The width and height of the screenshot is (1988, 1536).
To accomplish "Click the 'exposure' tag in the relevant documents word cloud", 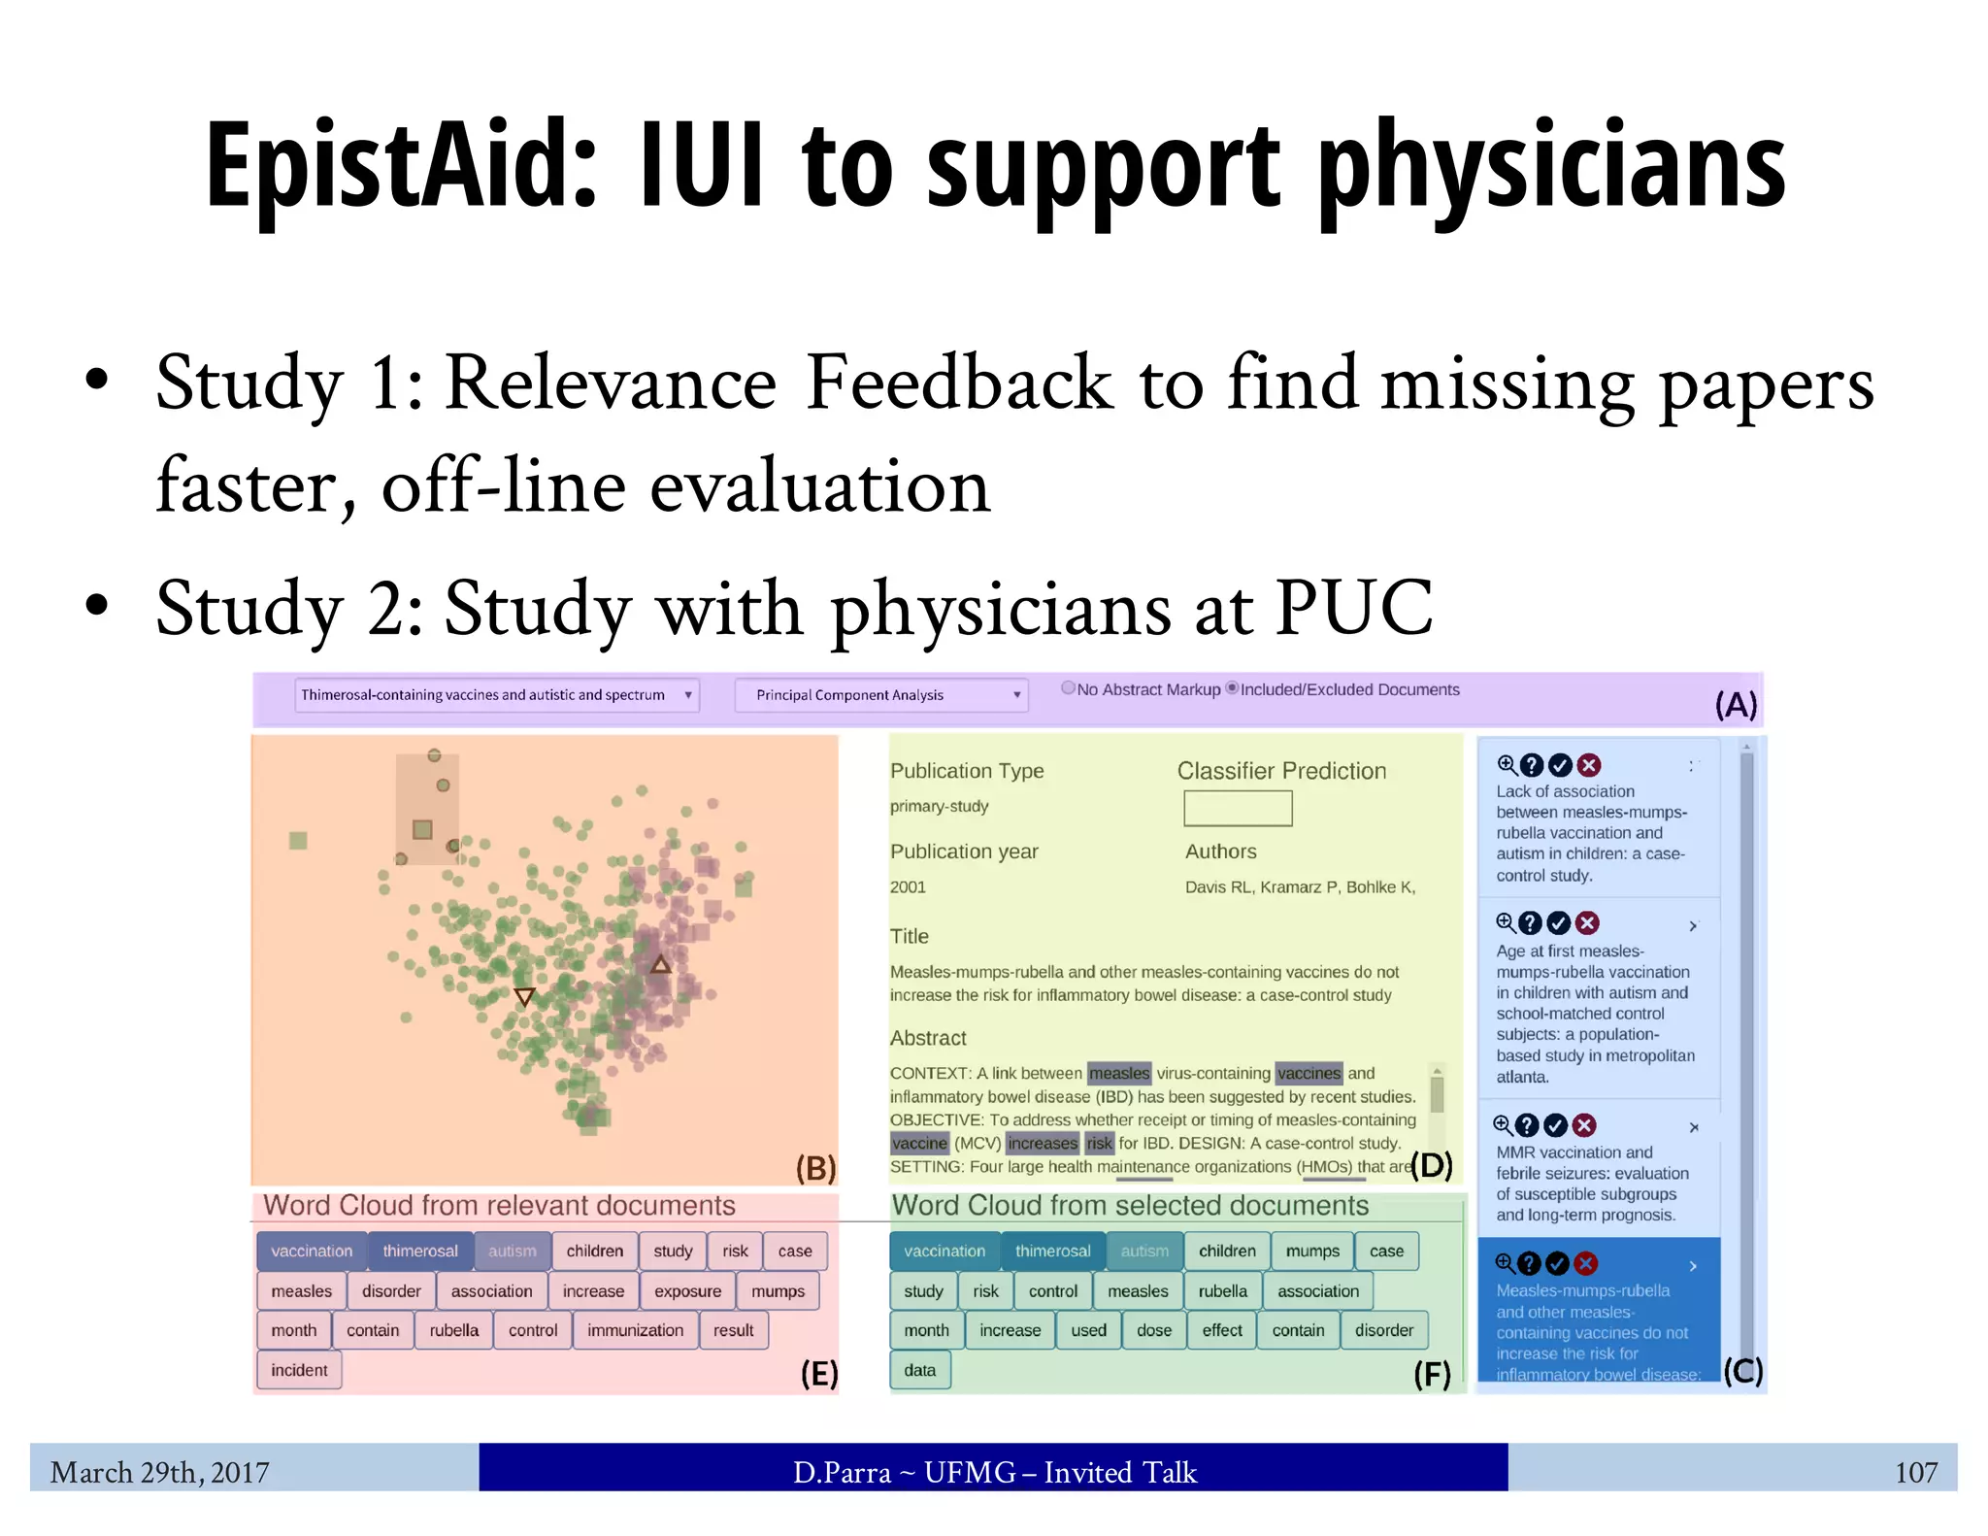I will (x=687, y=1291).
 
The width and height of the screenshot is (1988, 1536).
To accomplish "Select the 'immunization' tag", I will (x=635, y=1330).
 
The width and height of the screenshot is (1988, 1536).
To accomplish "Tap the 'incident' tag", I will (x=299, y=1370).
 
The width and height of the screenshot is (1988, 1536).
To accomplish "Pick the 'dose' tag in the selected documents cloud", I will (x=1153, y=1330).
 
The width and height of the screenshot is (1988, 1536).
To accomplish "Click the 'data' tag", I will (x=919, y=1370).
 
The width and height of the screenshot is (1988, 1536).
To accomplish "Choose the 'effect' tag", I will (x=1221, y=1330).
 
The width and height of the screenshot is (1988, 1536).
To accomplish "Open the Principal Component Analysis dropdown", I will (x=880, y=695).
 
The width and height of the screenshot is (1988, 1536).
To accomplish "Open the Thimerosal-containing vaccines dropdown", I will (x=496, y=695).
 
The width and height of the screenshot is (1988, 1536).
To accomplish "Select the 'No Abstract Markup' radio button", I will (x=1068, y=688).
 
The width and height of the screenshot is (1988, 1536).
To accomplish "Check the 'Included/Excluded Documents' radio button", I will (x=1232, y=688).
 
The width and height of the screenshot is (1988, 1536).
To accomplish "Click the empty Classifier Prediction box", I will (x=1238, y=808).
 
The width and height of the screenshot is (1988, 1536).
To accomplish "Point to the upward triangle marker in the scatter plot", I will (x=660, y=964).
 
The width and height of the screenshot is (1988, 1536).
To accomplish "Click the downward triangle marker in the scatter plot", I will (x=524, y=996).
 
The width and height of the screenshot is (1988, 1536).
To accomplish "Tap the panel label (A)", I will (x=1736, y=704).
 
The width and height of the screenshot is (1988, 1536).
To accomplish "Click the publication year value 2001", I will (x=908, y=886).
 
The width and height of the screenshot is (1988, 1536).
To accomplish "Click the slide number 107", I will (x=1915, y=1472).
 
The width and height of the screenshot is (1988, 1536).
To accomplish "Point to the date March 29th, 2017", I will (x=159, y=1472).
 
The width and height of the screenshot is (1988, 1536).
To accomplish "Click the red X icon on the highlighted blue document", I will (x=1585, y=1263).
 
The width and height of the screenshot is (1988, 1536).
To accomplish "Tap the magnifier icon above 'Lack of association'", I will (x=1506, y=764).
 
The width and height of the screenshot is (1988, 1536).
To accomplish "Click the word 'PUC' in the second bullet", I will (x=1353, y=608).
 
